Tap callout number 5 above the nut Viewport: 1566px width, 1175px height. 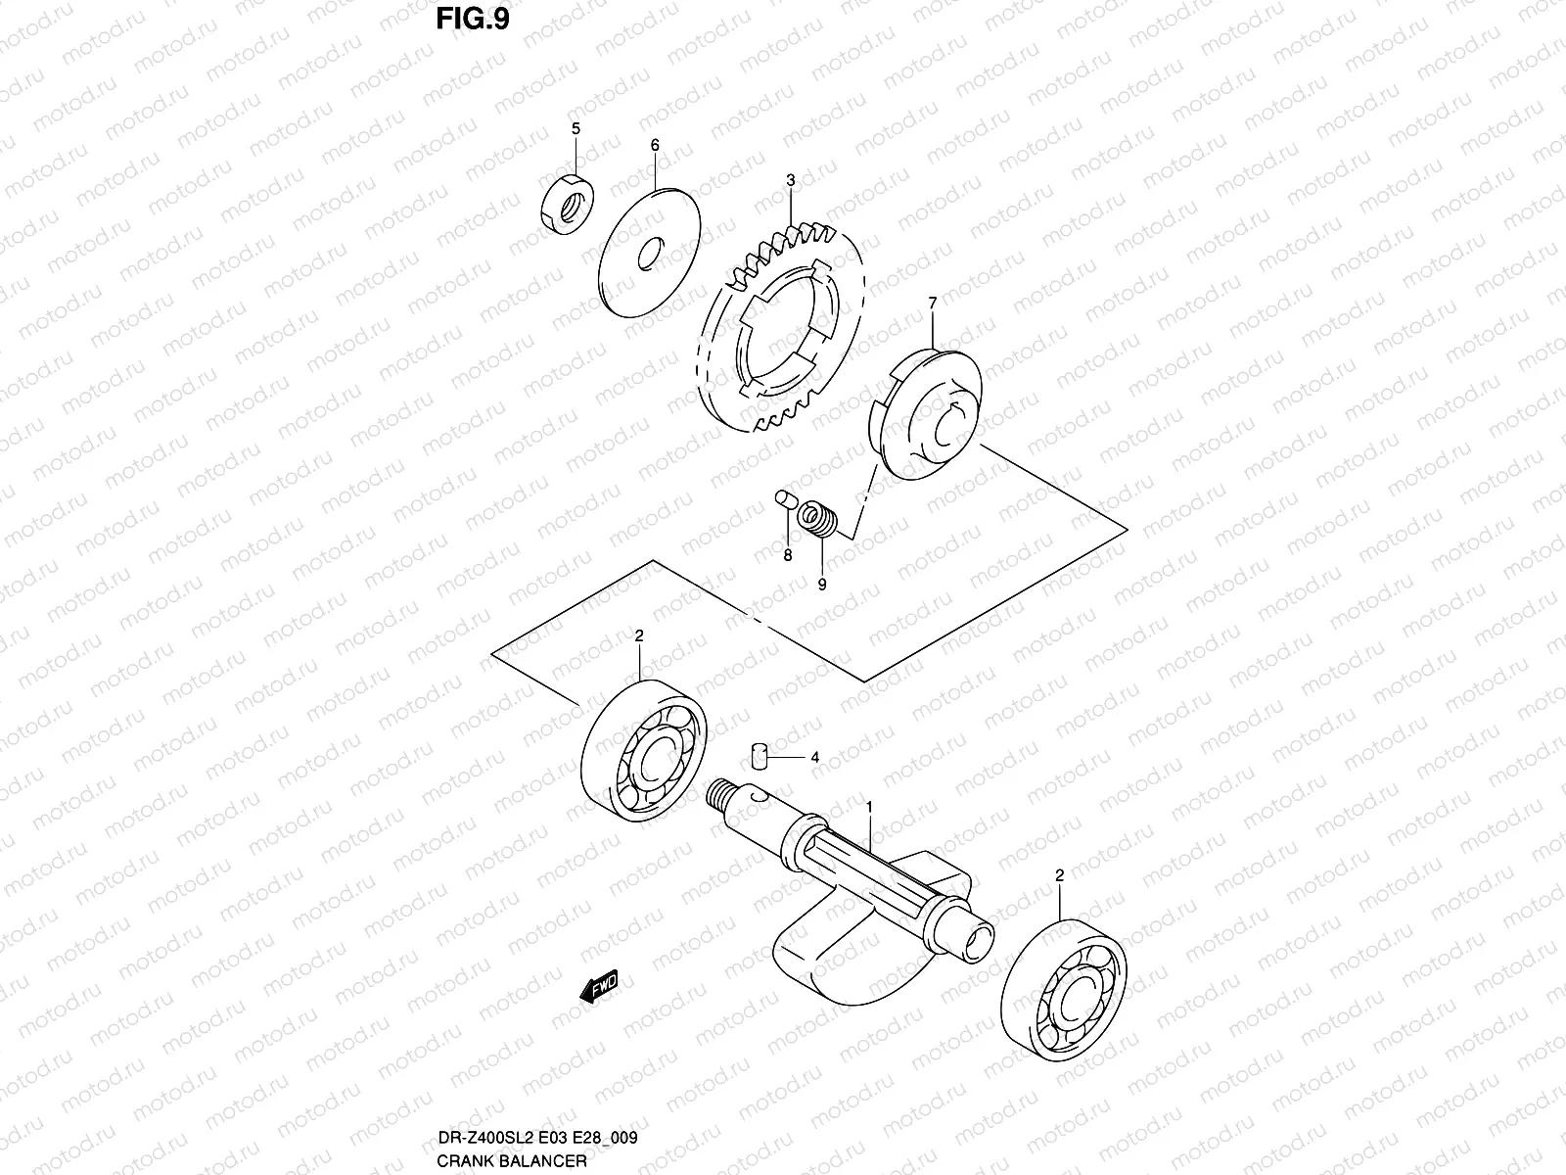click(x=576, y=128)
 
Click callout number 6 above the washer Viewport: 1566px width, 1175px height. click(x=655, y=145)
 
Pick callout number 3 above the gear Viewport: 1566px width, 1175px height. click(x=790, y=180)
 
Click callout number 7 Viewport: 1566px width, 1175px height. click(x=932, y=305)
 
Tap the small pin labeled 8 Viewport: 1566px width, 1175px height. click(x=782, y=499)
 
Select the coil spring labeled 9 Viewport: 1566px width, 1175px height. click(x=817, y=518)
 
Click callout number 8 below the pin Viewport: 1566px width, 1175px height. click(x=786, y=555)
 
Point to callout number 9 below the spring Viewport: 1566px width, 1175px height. click(x=822, y=585)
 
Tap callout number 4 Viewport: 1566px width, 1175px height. click(x=814, y=758)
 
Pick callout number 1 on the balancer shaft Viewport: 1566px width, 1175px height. click(x=867, y=804)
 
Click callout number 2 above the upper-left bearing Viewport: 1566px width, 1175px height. click(x=638, y=635)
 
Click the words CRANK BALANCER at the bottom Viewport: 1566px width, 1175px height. click(x=513, y=1160)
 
